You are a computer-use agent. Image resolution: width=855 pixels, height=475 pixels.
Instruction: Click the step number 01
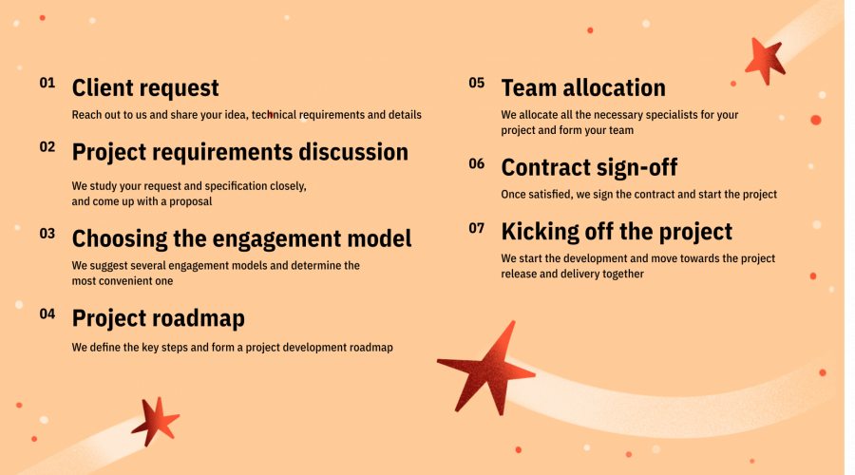pyautogui.click(x=47, y=83)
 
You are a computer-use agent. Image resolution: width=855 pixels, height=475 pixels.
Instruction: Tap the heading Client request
pyautogui.click(x=145, y=88)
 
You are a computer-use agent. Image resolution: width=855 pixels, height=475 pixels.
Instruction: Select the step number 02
pyautogui.click(x=47, y=146)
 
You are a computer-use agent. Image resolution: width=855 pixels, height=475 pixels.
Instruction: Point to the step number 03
pyautogui.click(x=47, y=233)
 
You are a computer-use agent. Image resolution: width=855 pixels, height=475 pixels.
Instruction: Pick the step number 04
pyautogui.click(x=47, y=313)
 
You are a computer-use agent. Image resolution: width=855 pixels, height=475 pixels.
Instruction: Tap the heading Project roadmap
pyautogui.click(x=159, y=318)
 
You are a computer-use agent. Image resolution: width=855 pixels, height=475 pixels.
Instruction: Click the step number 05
pyautogui.click(x=477, y=83)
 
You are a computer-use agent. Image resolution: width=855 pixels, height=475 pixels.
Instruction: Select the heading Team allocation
pyautogui.click(x=583, y=88)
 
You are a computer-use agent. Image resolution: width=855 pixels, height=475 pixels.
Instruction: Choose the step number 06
pyautogui.click(x=477, y=162)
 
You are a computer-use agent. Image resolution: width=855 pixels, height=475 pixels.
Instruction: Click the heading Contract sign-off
pyautogui.click(x=589, y=168)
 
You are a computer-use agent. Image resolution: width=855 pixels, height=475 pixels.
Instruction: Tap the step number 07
pyautogui.click(x=477, y=227)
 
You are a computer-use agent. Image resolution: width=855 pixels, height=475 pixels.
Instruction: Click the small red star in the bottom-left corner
pyautogui.click(x=158, y=420)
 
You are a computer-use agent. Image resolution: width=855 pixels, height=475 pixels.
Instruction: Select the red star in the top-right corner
pyautogui.click(x=764, y=60)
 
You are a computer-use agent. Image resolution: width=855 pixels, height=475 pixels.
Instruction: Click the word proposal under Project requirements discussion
pyautogui.click(x=189, y=201)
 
